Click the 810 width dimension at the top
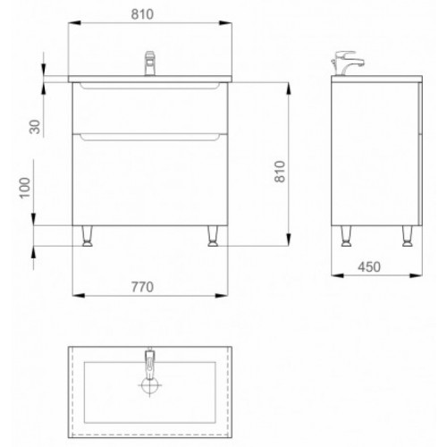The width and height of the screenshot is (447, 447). (142, 14)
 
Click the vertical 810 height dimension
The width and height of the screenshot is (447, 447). (280, 172)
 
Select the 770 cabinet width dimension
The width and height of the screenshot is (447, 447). (142, 287)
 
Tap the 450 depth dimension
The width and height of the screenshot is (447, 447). (369, 267)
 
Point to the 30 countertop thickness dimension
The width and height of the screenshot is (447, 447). (35, 127)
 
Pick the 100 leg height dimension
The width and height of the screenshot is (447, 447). (25, 188)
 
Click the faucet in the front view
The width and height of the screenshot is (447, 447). (150, 63)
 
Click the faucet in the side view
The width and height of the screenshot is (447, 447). (347, 63)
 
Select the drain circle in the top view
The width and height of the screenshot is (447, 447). (149, 385)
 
